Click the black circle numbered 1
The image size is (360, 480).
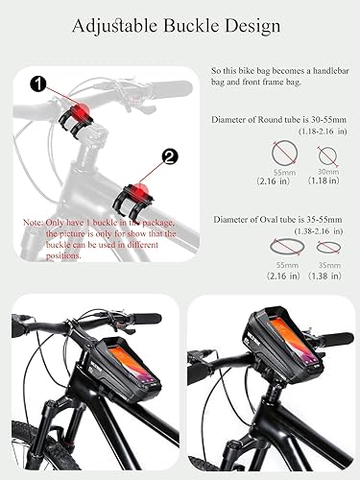coord(37,84)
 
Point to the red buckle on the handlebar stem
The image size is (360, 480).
coord(81,107)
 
